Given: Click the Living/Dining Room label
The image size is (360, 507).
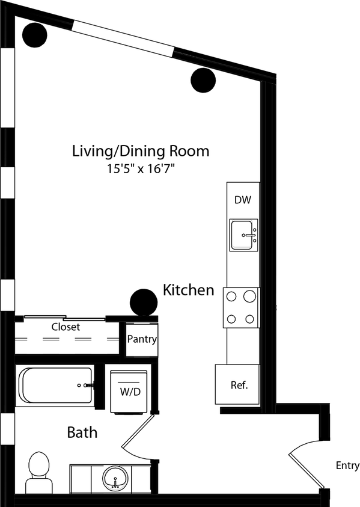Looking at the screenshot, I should (x=141, y=150).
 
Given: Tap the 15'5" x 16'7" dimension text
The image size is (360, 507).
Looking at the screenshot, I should (x=141, y=169).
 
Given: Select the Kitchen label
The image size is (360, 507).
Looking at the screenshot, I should (x=188, y=290).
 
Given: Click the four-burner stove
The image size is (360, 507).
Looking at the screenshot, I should (x=241, y=307).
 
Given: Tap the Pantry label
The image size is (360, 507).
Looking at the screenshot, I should (x=142, y=339).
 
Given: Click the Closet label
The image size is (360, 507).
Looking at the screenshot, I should (x=66, y=327).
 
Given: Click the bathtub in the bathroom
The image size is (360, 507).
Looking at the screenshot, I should (x=55, y=386).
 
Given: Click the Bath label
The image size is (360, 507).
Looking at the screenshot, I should (x=82, y=432).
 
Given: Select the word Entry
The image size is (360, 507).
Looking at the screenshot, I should (x=347, y=466).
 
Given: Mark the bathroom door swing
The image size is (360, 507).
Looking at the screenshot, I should (x=139, y=434).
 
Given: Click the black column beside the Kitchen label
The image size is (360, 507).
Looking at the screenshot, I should (x=144, y=303).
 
